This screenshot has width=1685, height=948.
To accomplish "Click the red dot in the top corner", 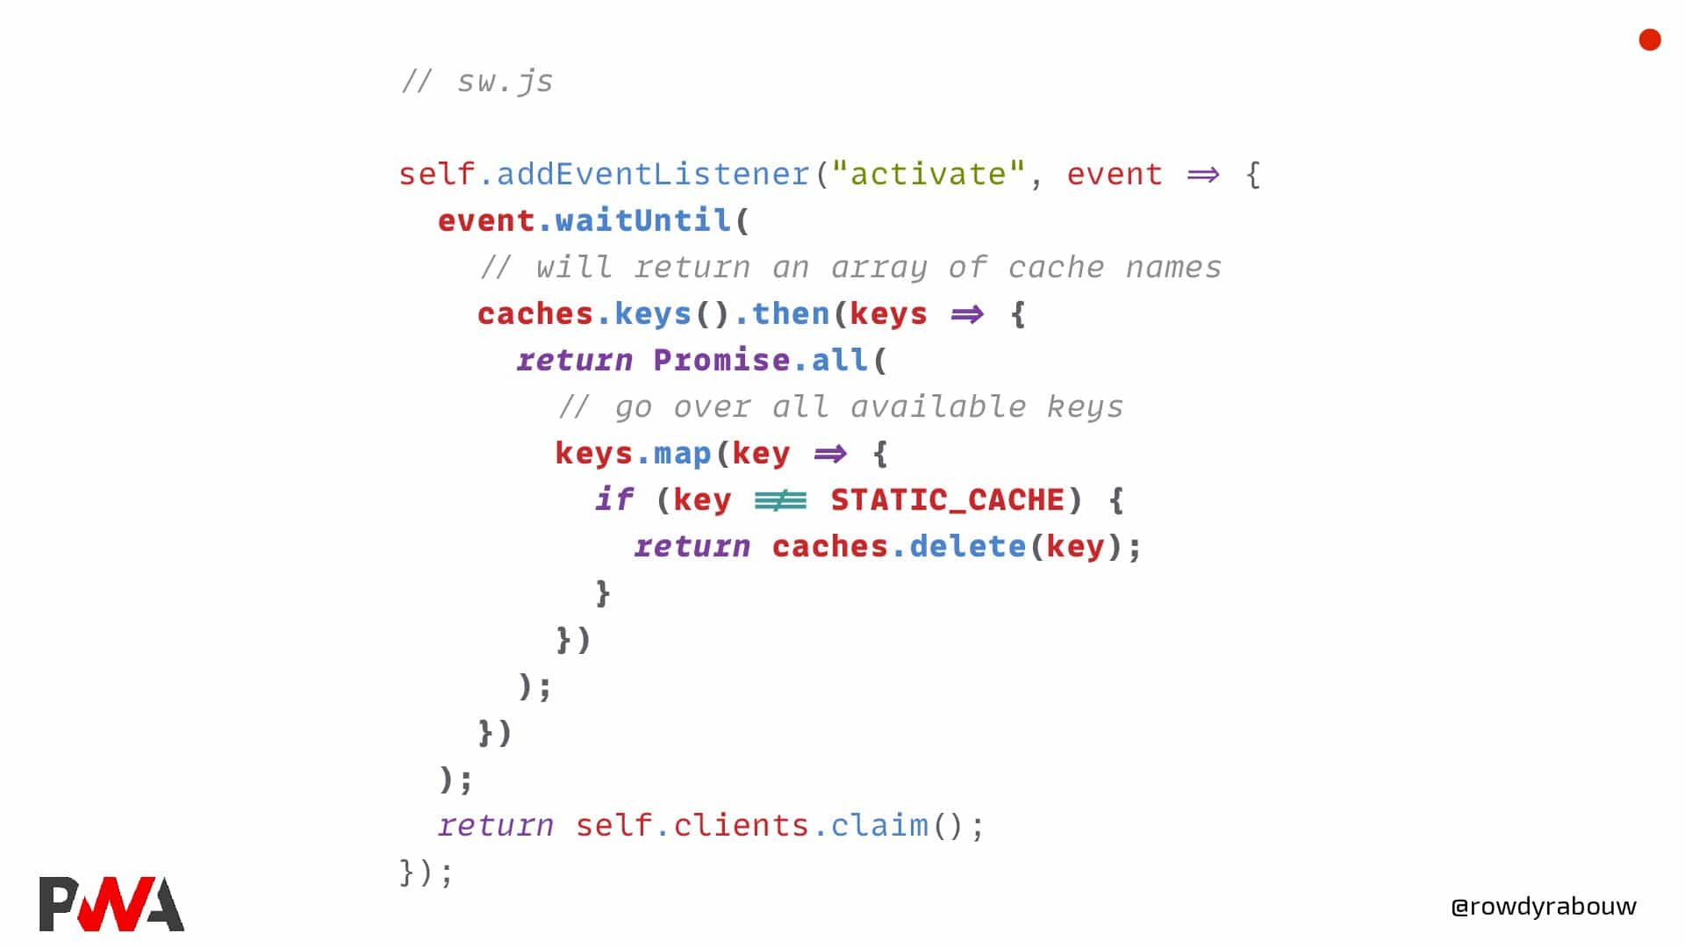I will [1650, 40].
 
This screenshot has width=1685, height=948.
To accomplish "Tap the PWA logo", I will [111, 903].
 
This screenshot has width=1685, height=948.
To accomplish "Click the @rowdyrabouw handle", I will [1544, 906].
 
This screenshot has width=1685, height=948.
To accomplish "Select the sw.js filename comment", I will [477, 82].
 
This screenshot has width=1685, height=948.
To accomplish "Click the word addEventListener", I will [653, 174].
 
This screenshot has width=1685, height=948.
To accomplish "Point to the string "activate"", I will [928, 174].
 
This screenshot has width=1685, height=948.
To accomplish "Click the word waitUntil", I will [643, 220].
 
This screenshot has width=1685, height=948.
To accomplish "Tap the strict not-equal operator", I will [780, 500].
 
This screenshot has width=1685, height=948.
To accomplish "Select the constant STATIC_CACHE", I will [947, 500].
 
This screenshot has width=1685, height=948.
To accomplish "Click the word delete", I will [967, 547].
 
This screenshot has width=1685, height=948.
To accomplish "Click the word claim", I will [879, 826].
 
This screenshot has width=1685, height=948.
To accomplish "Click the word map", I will [682, 454].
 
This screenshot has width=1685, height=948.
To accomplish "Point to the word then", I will [790, 314].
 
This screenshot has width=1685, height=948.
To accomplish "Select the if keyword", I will [613, 500].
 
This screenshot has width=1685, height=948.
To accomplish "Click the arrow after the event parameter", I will [1203, 175].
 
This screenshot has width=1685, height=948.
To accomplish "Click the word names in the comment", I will [1173, 267].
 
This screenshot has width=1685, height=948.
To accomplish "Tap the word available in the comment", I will [937, 407].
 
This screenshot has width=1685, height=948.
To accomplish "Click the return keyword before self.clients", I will [496, 826].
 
